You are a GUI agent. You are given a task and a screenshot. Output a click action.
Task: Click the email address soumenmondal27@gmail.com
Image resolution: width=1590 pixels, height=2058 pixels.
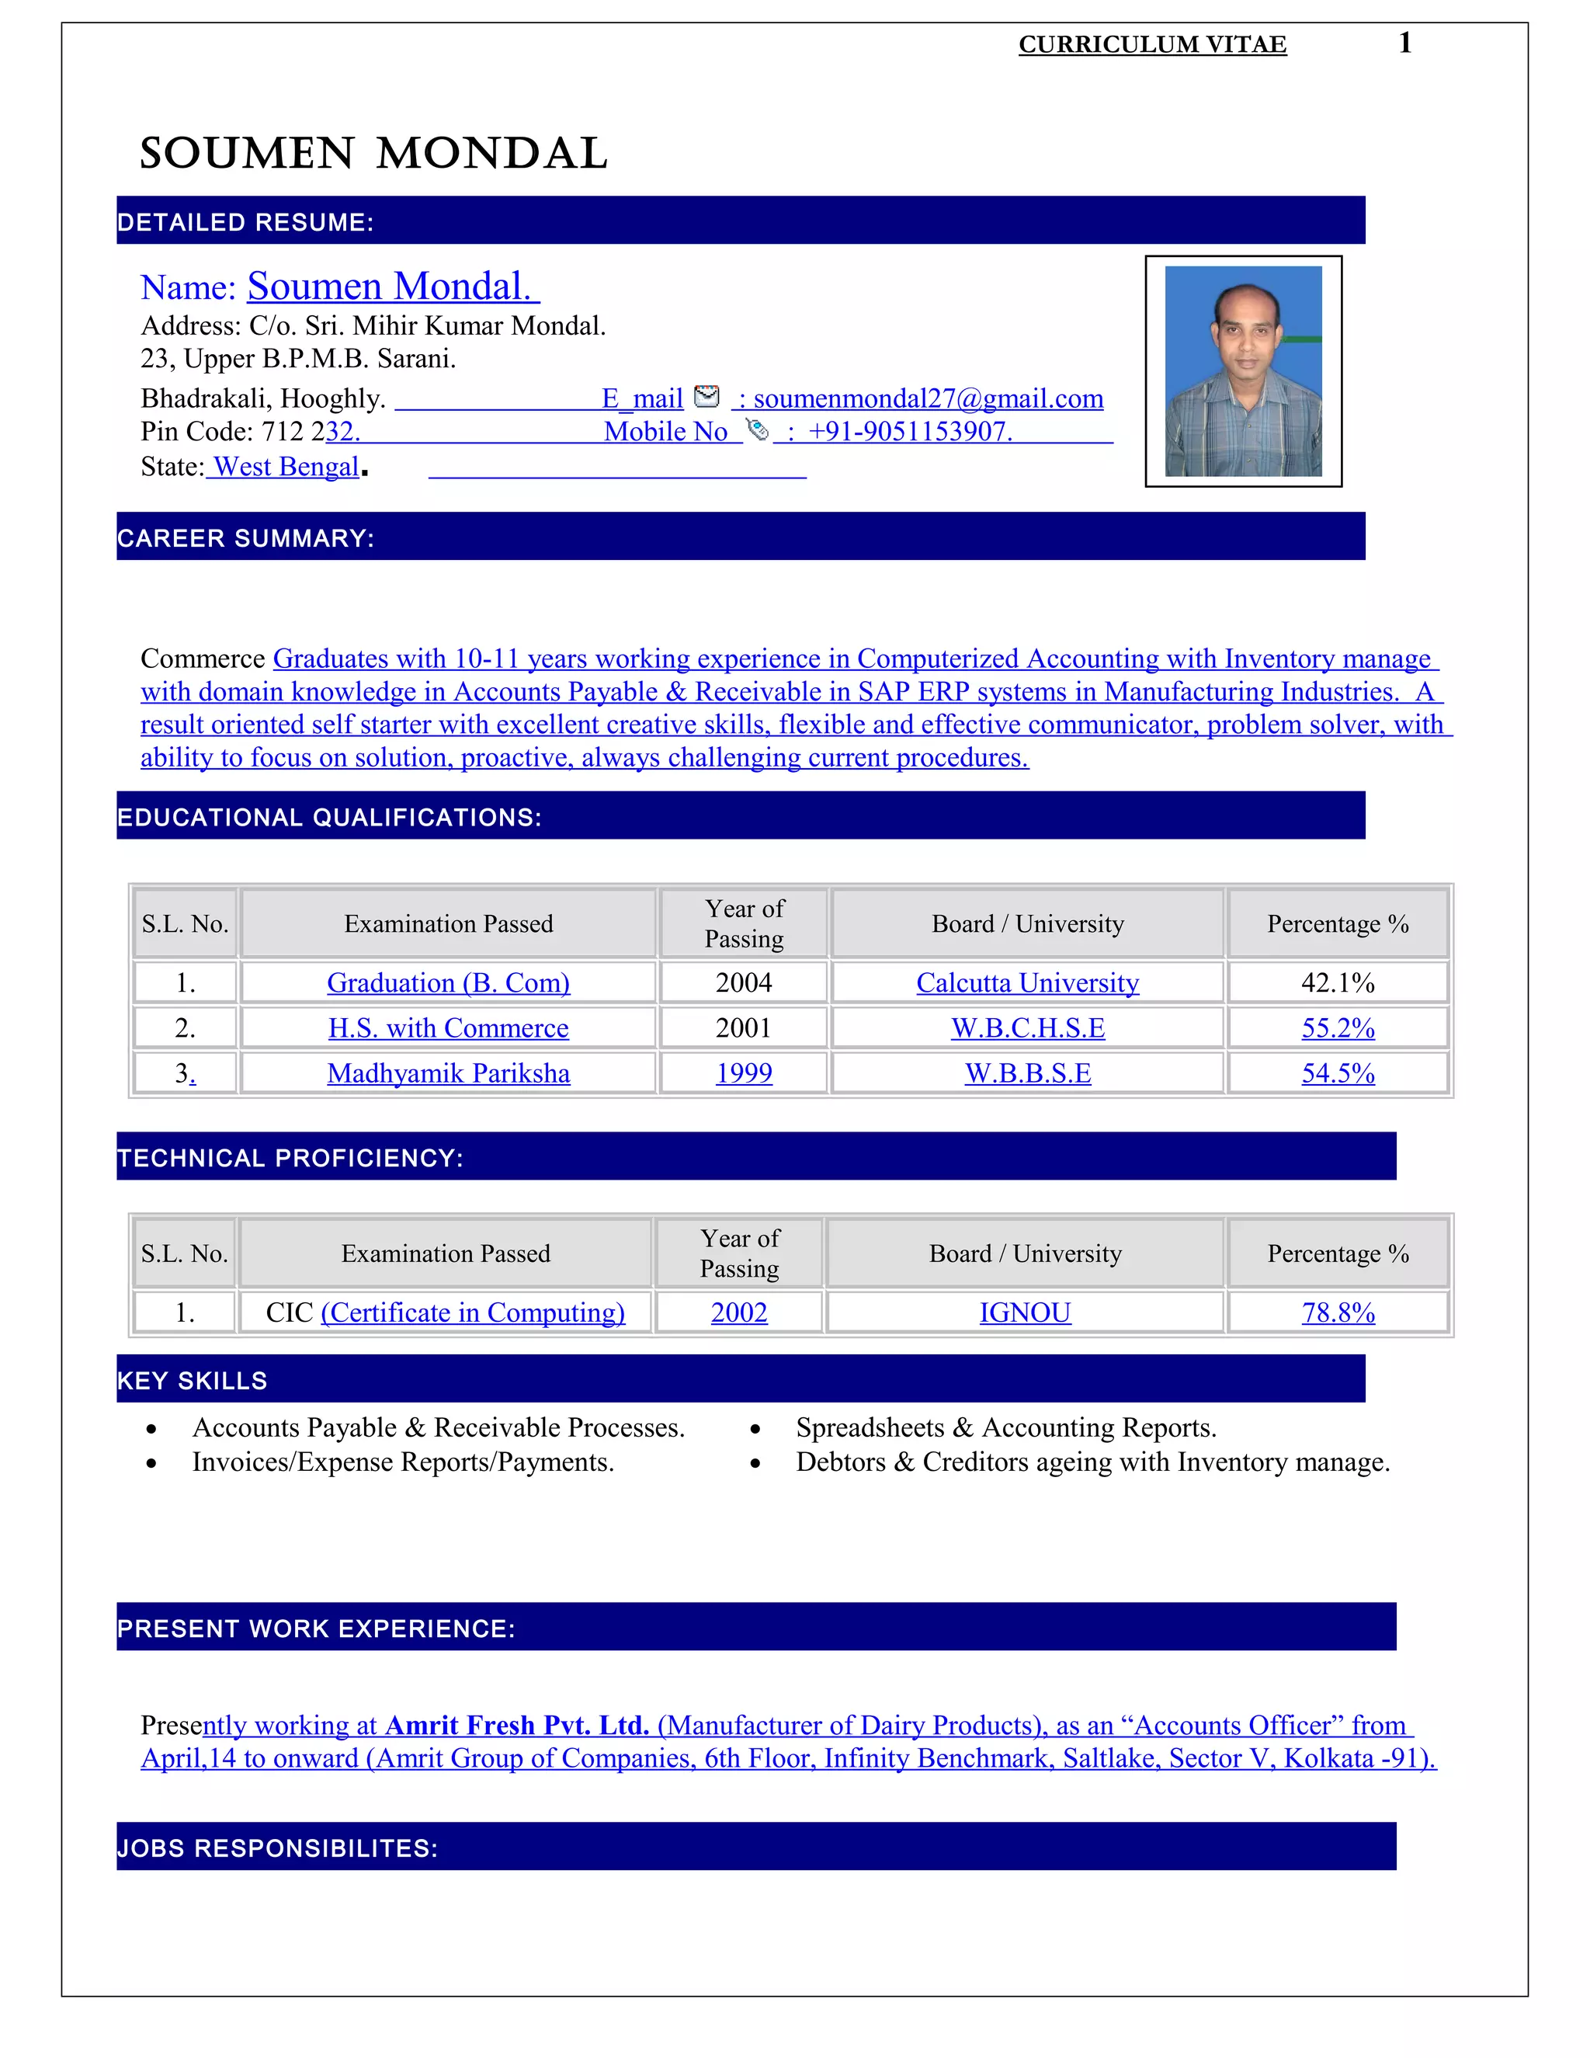point(928,398)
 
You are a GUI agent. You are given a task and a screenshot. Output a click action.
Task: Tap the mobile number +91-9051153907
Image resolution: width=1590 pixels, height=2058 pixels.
point(910,432)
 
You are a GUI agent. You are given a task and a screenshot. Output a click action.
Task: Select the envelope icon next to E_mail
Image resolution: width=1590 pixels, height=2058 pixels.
point(706,397)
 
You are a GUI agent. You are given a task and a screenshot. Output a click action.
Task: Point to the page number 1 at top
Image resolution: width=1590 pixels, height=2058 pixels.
point(1404,43)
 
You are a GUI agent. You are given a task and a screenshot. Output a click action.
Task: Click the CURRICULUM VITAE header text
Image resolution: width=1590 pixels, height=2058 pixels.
point(1152,44)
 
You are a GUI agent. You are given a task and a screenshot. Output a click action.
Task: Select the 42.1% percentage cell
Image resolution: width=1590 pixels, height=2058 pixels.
point(1337,983)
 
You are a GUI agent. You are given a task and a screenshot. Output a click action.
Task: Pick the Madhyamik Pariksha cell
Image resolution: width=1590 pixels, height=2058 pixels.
point(449,1073)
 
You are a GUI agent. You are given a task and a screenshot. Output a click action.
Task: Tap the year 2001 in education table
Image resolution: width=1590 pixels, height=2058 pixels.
point(743,1028)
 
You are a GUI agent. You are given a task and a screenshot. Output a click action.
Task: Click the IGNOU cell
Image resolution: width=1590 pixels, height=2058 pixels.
point(1025,1312)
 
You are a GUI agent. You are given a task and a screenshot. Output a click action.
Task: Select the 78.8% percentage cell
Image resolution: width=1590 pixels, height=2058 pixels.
point(1338,1312)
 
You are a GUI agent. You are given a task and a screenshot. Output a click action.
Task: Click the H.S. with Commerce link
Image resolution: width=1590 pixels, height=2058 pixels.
point(449,1028)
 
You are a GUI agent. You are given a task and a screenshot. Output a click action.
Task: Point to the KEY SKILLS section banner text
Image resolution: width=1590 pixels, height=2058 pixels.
point(193,1381)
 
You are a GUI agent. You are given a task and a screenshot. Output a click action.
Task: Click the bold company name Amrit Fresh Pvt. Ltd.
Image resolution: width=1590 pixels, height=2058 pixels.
point(517,1726)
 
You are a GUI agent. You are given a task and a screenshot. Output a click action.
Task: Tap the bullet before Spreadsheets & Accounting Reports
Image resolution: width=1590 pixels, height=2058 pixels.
point(755,1431)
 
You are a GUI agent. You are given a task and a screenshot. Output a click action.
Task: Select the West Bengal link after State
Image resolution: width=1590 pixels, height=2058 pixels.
point(286,467)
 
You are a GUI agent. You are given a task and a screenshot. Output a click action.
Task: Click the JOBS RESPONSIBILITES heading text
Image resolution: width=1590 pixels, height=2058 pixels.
point(277,1848)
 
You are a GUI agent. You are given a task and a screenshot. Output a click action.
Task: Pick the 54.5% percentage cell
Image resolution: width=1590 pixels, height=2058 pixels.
point(1338,1073)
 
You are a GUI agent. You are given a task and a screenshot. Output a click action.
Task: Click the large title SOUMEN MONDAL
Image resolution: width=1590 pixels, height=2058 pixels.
point(374,154)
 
